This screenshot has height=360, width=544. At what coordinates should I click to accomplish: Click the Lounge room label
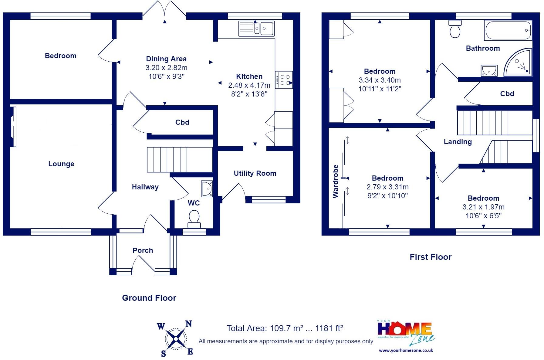point(61,164)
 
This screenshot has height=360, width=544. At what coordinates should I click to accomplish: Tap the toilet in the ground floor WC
point(194,219)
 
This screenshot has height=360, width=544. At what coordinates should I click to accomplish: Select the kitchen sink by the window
point(256,28)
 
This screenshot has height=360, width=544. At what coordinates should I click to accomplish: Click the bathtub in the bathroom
point(508,30)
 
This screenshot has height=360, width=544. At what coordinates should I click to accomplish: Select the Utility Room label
point(255,173)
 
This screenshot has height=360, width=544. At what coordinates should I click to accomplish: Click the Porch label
point(143,250)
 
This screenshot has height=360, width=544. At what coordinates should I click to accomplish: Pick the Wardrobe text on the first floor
point(336,181)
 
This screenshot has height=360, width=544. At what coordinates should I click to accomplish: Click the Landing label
point(458,142)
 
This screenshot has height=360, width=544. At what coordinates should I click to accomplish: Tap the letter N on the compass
point(189,324)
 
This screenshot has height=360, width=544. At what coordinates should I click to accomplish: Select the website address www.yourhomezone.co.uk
point(406,350)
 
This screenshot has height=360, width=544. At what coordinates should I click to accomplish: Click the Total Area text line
point(285,328)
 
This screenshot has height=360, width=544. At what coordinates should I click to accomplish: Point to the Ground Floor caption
point(149,298)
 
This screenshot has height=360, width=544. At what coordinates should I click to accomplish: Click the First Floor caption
point(431,257)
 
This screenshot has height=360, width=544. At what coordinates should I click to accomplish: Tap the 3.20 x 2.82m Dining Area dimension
point(166,68)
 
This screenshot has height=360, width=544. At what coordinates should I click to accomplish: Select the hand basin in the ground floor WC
point(207,188)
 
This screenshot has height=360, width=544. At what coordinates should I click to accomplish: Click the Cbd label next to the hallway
point(182,122)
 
